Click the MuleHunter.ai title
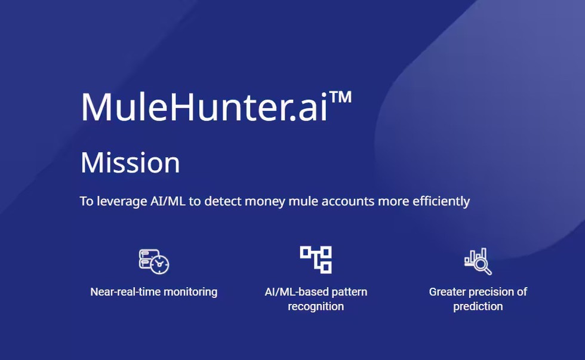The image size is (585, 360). pos(216,106)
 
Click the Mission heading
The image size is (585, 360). pos(130,162)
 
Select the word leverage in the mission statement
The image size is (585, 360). pos(122,201)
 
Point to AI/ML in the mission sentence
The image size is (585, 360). pos(168,201)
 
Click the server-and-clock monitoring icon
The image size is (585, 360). pos(154,261)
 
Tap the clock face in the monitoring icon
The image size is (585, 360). pos(160,264)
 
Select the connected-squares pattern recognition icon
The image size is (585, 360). pos(316,259)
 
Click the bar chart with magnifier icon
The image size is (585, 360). pos(478,261)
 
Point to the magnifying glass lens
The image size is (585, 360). pos(481,264)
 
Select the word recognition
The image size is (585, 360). pos(316,307)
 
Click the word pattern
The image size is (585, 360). pos(349,292)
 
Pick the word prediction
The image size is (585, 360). pos(478,307)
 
